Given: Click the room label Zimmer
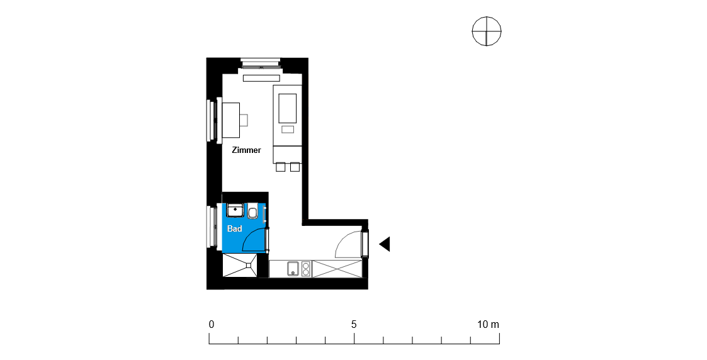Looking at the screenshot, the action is tap(246, 150).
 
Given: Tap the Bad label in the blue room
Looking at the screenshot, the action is tap(234, 229).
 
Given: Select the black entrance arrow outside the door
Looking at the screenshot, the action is tap(384, 244).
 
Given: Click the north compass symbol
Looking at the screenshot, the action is tap(487, 31).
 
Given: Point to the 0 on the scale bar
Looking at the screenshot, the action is tap(212, 324).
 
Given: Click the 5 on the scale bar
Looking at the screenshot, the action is tap(354, 324).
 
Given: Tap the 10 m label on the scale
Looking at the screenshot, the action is tap(489, 324).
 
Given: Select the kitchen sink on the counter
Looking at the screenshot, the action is tap(293, 269).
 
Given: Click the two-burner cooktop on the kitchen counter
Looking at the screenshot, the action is tap(306, 269).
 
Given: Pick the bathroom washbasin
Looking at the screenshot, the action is tap(235, 210).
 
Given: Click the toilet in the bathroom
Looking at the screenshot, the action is tap(252, 211).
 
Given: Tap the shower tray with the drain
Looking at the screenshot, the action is tap(240, 266).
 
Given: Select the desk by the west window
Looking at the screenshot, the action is tap(230, 120).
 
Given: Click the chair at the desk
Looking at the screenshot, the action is tap(244, 120).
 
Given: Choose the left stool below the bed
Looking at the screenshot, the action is tap(280, 167).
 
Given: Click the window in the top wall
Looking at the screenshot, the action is tap(261, 64).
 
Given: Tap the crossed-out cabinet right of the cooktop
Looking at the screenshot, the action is tap(337, 269).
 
